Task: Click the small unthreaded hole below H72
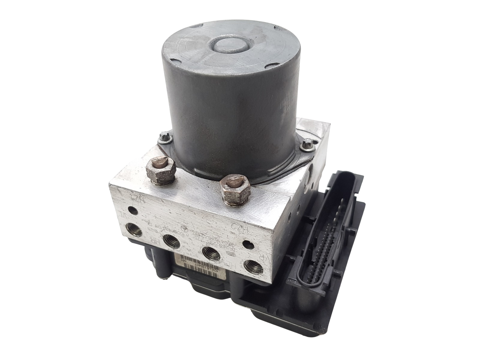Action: (x=246, y=244)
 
